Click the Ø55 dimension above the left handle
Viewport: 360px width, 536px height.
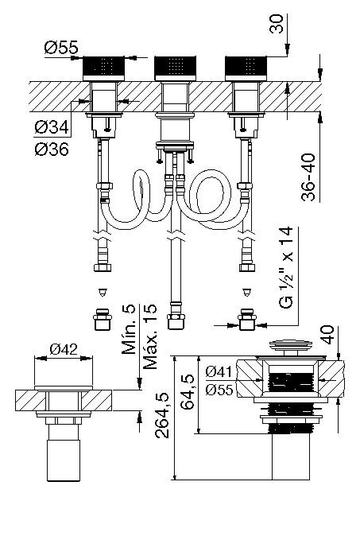(61, 48)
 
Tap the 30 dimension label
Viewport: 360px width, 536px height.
(277, 23)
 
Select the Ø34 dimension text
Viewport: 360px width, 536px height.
(52, 127)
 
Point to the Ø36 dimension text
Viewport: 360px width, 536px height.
(52, 149)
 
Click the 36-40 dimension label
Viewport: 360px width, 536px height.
(308, 177)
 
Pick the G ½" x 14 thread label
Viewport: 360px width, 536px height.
(287, 267)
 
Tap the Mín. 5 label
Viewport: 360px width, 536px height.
(129, 329)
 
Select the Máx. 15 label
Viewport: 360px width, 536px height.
(150, 336)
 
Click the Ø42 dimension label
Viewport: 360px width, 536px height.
(64, 349)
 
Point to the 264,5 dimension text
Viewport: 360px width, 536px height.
(162, 415)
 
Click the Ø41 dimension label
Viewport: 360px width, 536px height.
(219, 371)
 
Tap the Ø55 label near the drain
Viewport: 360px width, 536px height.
(219, 390)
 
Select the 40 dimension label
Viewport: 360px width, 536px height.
(327, 335)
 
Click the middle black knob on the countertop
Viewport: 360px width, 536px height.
(175, 68)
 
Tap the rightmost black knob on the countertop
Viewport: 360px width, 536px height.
(246, 68)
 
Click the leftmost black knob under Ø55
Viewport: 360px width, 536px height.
(104, 68)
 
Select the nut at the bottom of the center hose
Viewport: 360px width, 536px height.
(176, 322)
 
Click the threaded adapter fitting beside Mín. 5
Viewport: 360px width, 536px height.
(103, 319)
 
